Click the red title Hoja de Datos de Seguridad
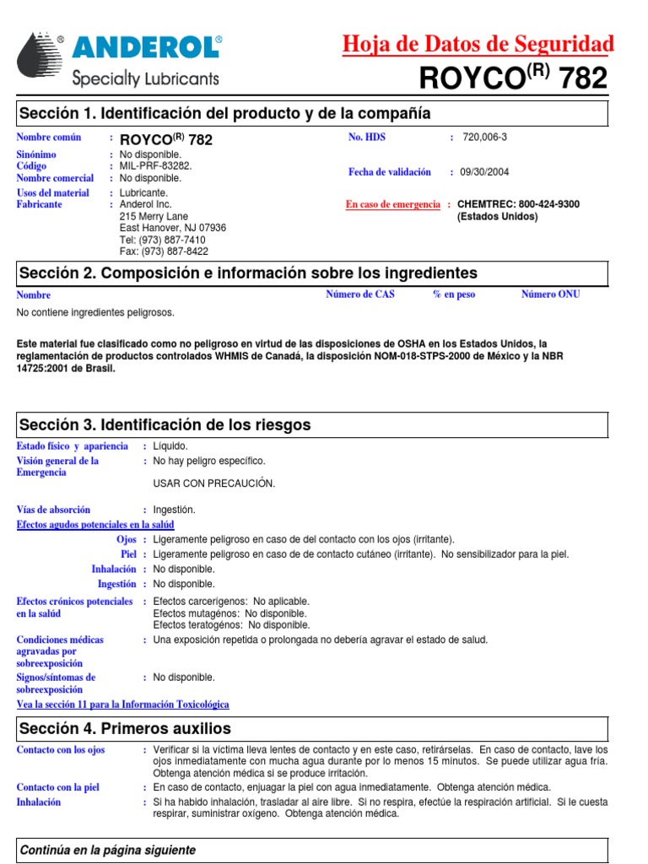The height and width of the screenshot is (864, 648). (478, 44)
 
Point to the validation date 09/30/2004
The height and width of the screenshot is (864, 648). (484, 172)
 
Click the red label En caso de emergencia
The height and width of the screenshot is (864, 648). (393, 205)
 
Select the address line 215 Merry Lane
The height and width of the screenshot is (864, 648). (154, 216)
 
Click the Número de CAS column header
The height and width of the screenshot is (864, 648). (360, 294)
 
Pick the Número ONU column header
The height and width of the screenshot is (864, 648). (550, 294)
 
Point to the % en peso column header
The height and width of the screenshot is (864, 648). (454, 294)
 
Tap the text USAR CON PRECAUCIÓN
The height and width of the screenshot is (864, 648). (214, 483)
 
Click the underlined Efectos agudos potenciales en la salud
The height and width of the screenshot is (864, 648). (95, 525)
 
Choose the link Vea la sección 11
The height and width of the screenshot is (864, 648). (122, 705)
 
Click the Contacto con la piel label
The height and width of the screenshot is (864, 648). (58, 787)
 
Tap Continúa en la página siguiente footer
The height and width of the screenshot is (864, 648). (107, 850)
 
